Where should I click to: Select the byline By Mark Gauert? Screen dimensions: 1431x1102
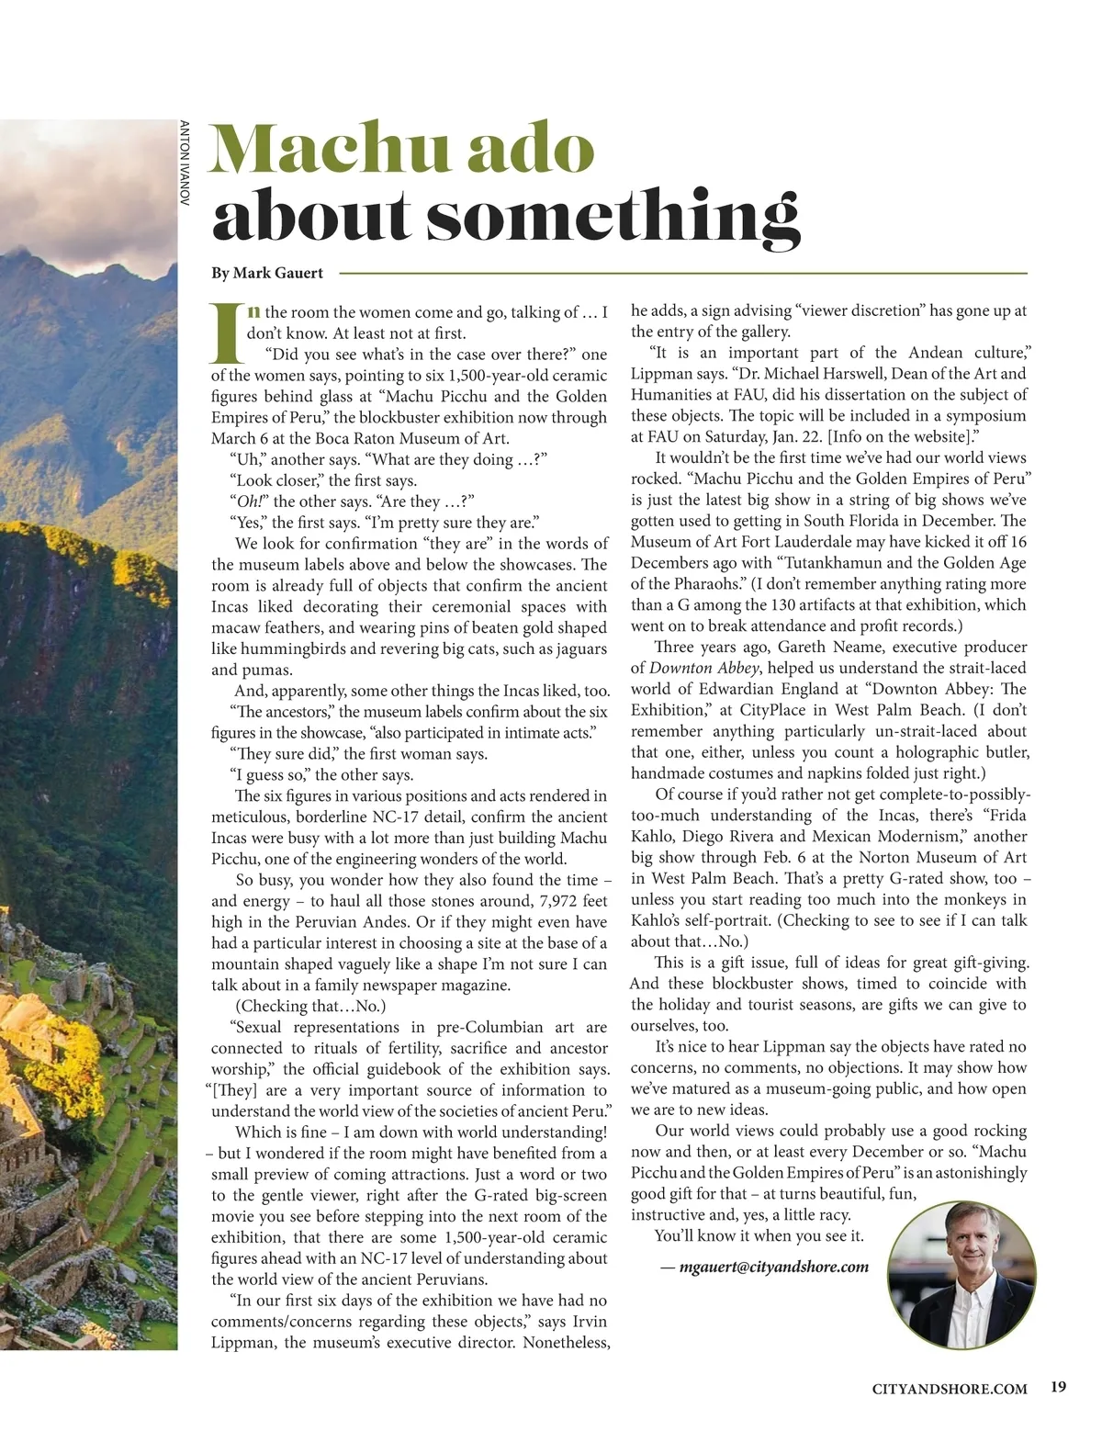pos(267,273)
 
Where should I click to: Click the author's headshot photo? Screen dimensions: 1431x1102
pos(961,1274)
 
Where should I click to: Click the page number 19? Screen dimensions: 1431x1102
pos(1058,1388)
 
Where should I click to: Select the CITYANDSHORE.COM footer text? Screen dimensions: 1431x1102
pos(950,1389)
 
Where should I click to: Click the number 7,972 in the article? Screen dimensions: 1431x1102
pos(512,901)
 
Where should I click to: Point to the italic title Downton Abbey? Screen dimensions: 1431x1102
pos(701,668)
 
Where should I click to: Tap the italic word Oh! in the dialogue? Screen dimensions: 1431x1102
pos(250,501)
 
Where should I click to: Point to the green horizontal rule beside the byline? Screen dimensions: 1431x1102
pos(683,273)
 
